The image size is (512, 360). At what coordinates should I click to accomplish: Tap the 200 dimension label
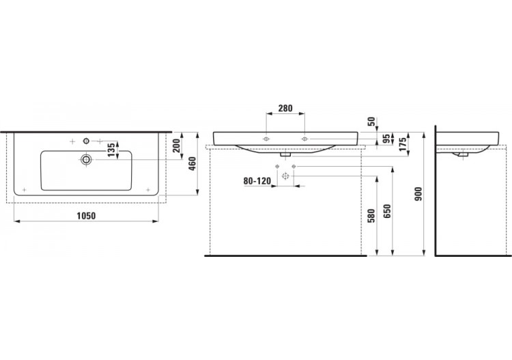(175, 146)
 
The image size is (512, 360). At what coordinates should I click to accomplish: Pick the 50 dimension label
(371, 122)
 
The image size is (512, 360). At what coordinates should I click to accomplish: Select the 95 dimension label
(386, 139)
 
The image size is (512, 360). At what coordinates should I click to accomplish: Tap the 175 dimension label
(403, 143)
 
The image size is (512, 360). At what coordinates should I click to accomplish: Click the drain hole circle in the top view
(87, 160)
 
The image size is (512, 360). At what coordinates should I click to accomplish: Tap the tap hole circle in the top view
(87, 141)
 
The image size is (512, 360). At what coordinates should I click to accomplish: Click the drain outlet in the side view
(463, 154)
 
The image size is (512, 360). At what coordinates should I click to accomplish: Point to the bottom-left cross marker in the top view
(24, 189)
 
